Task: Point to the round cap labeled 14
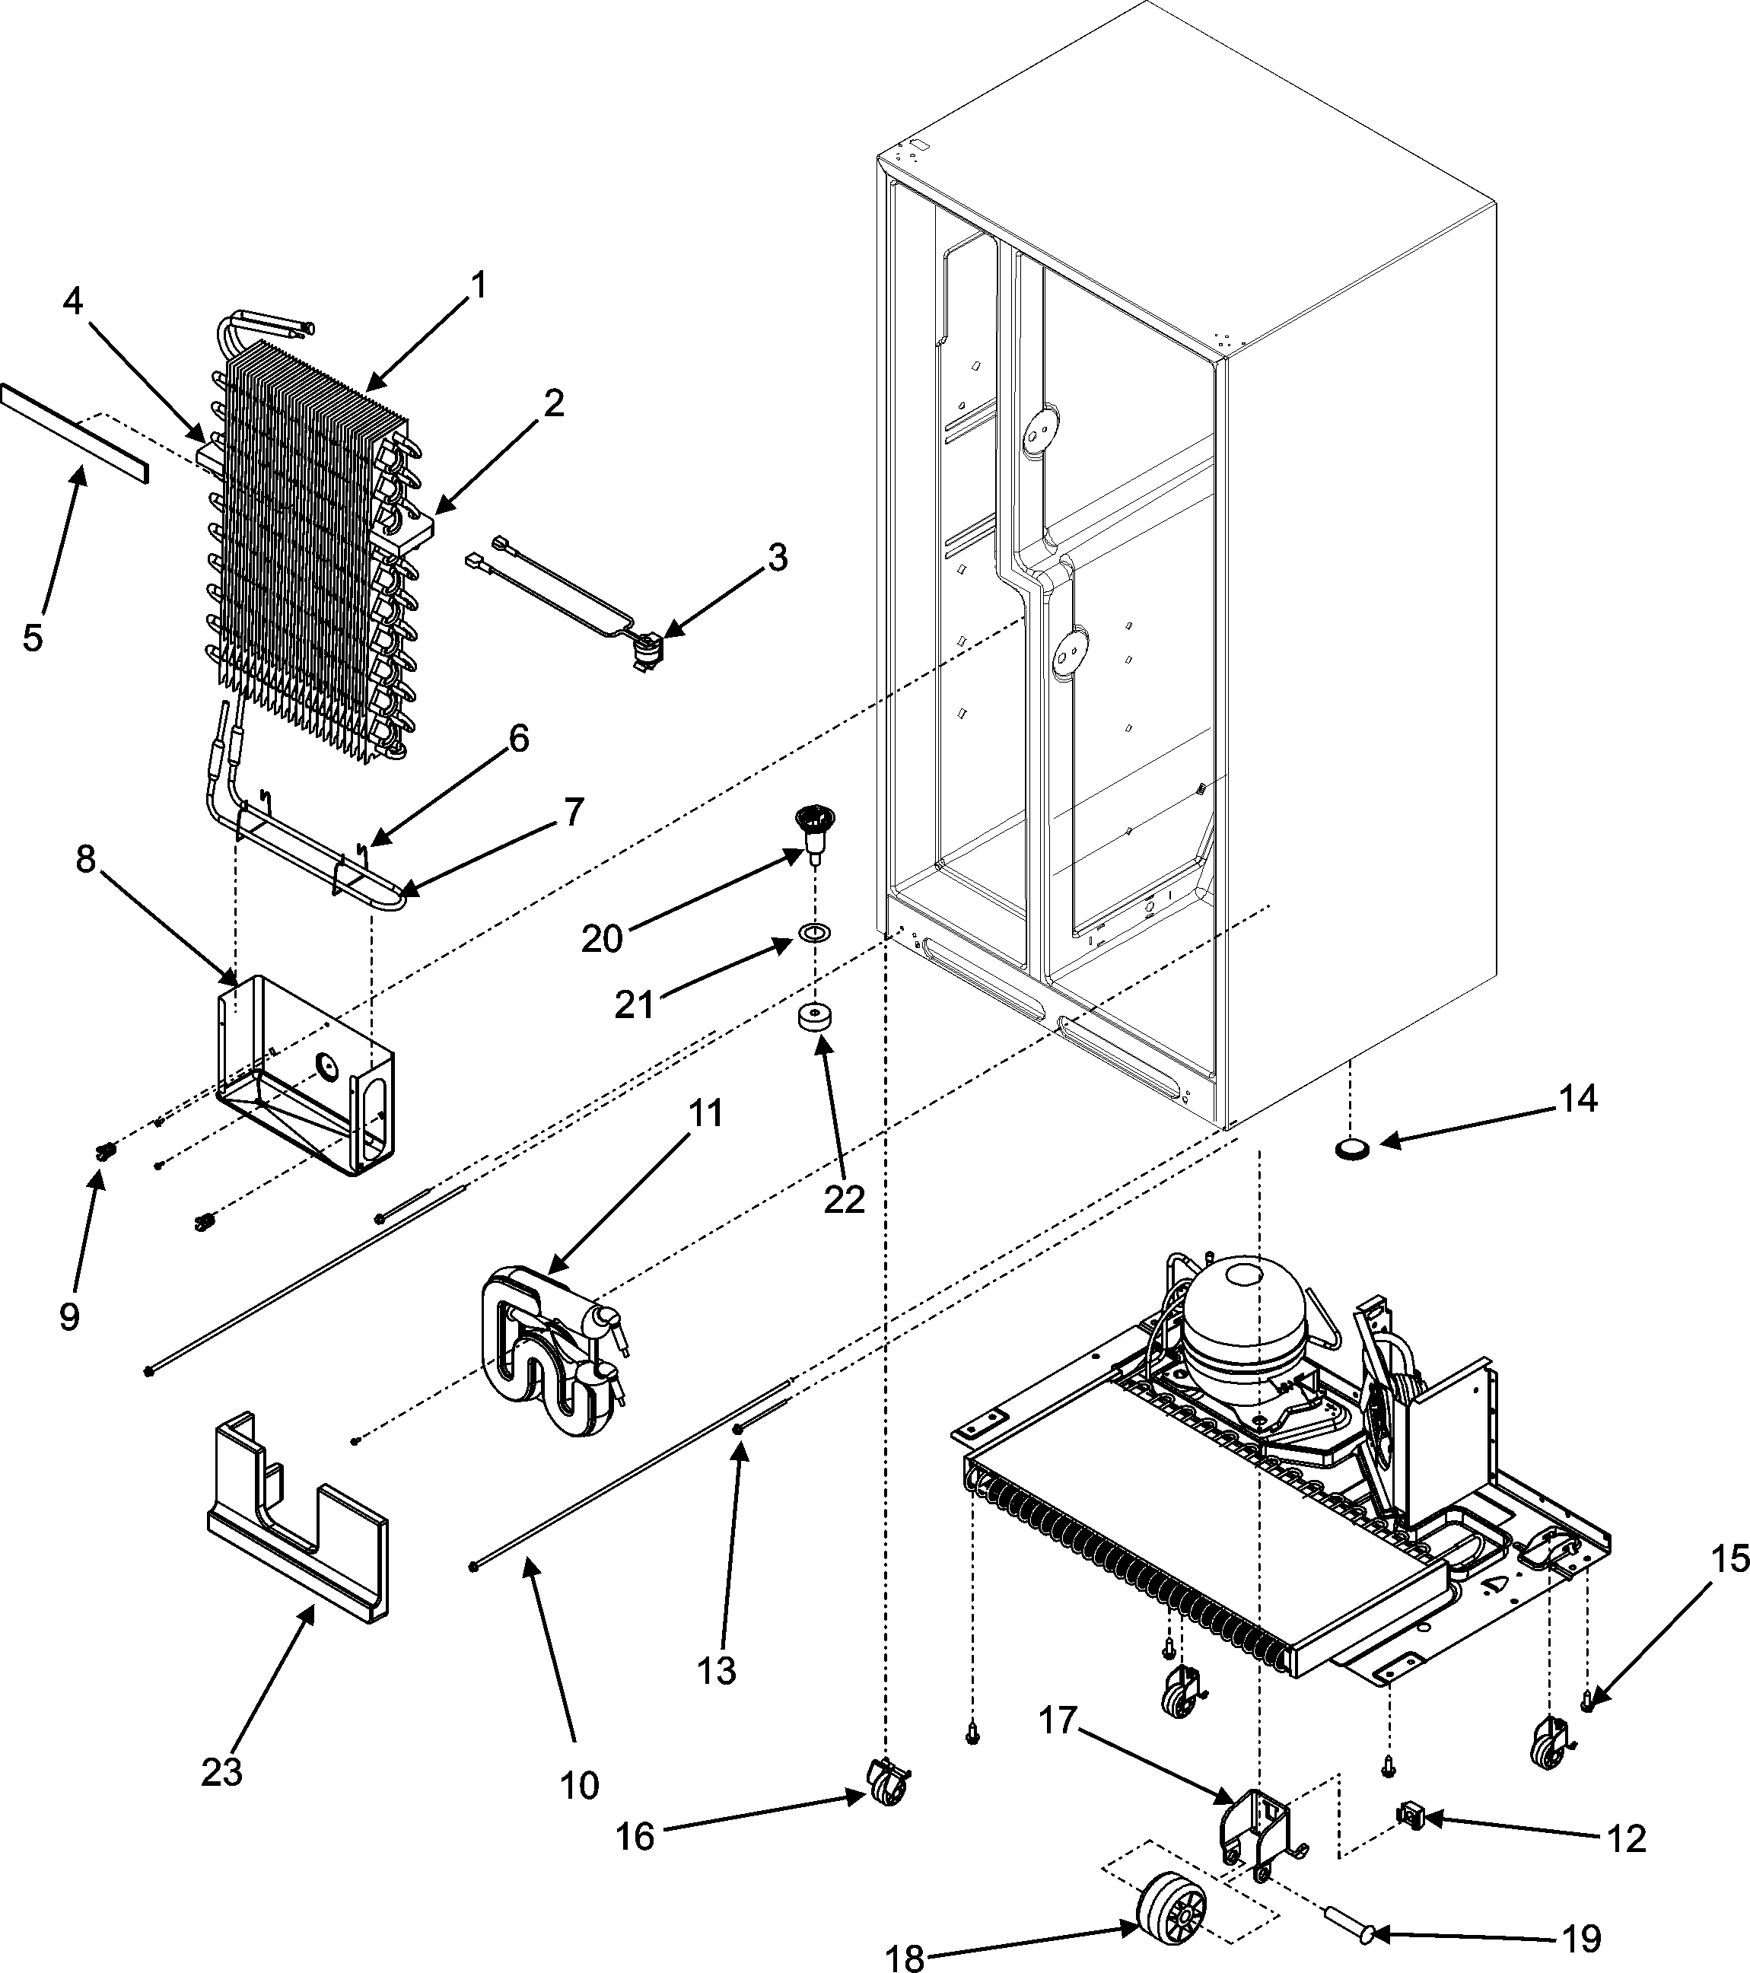[1351, 1149]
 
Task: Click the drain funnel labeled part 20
[813, 831]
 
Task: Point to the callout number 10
[579, 1785]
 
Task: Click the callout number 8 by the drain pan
[85, 859]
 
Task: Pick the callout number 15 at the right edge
[1729, 1586]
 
